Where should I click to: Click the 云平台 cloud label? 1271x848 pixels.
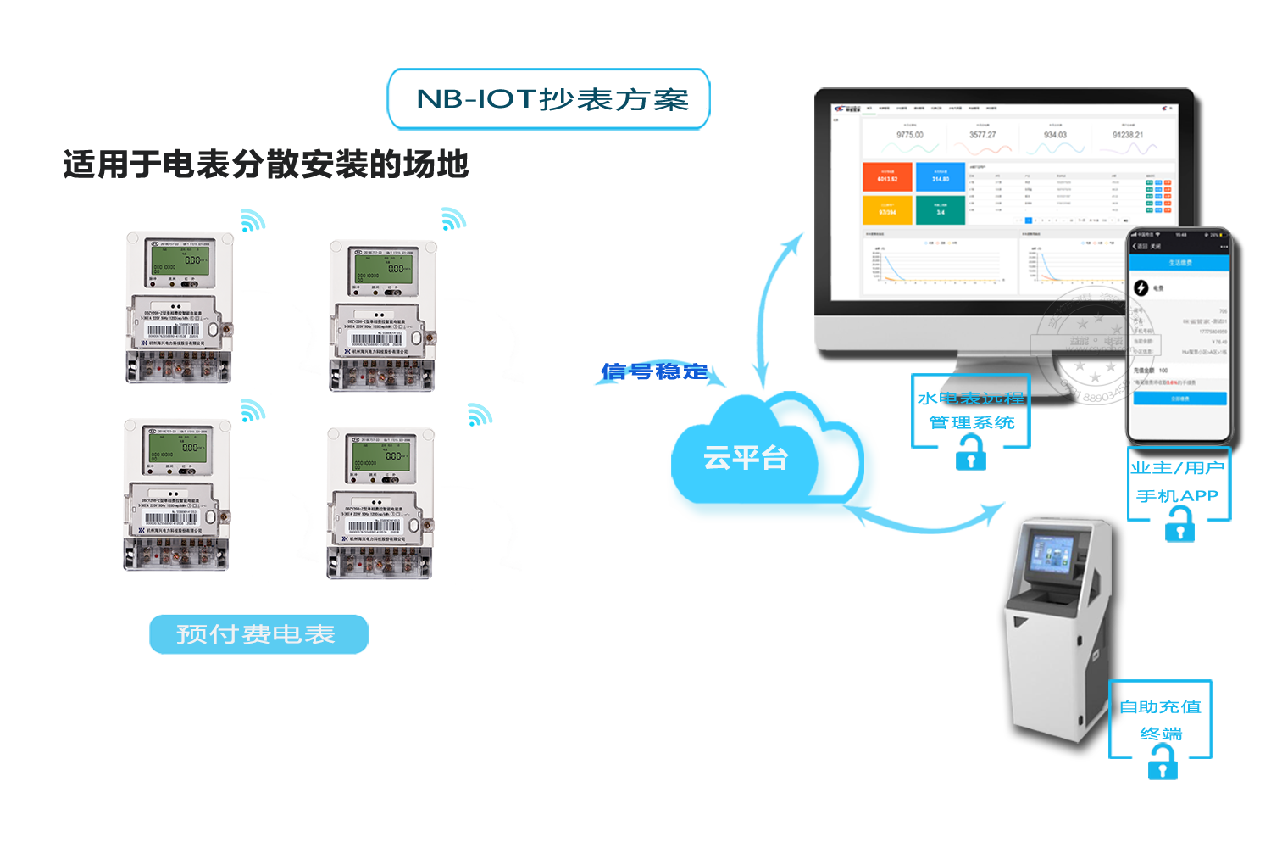[746, 458]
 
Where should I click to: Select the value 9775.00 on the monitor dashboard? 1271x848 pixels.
[909, 135]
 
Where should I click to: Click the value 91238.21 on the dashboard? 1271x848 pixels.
[1128, 135]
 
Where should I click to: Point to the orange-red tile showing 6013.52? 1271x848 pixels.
[887, 176]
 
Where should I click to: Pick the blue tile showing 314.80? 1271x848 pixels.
[941, 176]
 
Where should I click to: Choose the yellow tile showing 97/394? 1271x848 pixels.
[887, 210]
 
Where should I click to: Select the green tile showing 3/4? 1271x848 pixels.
[941, 210]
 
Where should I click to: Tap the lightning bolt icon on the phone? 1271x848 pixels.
[1141, 288]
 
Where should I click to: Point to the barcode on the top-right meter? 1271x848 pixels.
[375, 339]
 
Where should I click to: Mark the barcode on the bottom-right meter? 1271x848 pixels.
[374, 527]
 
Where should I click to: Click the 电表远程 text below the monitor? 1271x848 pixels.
[982, 398]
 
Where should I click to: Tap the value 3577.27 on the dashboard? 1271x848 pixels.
[983, 135]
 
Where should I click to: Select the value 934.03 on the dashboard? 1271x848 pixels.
[1055, 135]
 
